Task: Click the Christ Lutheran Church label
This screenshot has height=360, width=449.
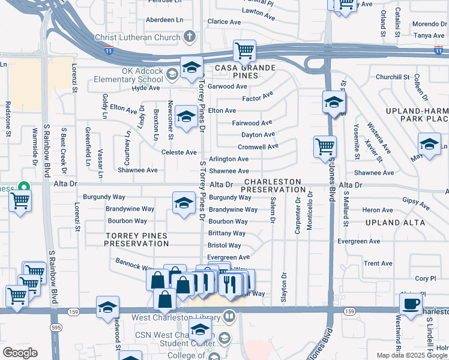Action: [137, 37]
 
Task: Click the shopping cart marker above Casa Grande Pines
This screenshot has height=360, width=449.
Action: [244, 51]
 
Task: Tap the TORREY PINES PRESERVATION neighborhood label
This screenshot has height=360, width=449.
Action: [136, 240]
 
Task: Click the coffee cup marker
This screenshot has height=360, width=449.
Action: [411, 303]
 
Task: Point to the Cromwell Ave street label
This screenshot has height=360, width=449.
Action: [258, 146]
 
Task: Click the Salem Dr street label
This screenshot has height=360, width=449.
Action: [273, 210]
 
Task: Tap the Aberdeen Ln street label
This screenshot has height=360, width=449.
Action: [164, 20]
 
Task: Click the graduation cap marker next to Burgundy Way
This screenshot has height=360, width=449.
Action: [184, 203]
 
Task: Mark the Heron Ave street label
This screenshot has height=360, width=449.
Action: [378, 210]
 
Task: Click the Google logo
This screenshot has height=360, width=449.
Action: [20, 353]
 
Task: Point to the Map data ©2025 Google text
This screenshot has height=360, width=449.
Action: [412, 355]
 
